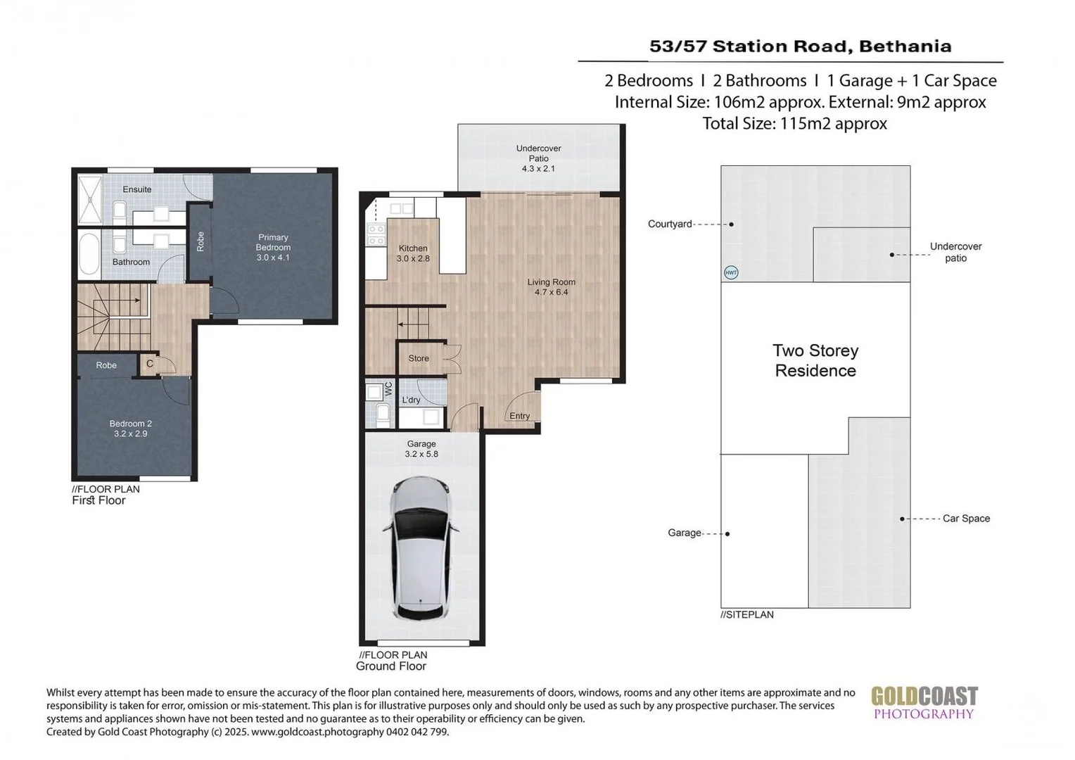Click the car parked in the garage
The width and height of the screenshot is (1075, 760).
(x=421, y=548)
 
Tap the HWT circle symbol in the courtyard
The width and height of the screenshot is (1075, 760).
(x=730, y=273)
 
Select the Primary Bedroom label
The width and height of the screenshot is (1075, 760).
(x=273, y=247)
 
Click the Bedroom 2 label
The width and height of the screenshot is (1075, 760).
(x=131, y=429)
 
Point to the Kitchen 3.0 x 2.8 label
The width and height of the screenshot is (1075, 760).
(x=413, y=253)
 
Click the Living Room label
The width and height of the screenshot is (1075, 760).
(x=551, y=287)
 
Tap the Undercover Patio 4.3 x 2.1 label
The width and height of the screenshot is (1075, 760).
(x=538, y=158)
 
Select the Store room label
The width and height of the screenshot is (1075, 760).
(x=419, y=358)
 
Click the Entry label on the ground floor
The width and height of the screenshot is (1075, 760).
(x=520, y=416)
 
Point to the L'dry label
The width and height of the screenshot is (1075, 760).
(x=411, y=400)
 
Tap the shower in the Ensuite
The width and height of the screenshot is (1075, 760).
(x=90, y=200)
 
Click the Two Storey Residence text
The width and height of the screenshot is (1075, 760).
(x=815, y=360)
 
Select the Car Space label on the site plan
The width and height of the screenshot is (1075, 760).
(x=966, y=519)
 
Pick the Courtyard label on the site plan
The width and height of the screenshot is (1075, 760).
(x=670, y=224)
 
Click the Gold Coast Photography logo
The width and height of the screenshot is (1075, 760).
(x=924, y=703)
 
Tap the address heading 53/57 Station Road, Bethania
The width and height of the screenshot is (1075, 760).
(x=801, y=46)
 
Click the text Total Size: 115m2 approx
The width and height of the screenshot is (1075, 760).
(x=795, y=123)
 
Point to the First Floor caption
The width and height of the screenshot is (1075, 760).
(x=98, y=500)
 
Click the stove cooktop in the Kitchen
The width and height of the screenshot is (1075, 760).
(x=376, y=235)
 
